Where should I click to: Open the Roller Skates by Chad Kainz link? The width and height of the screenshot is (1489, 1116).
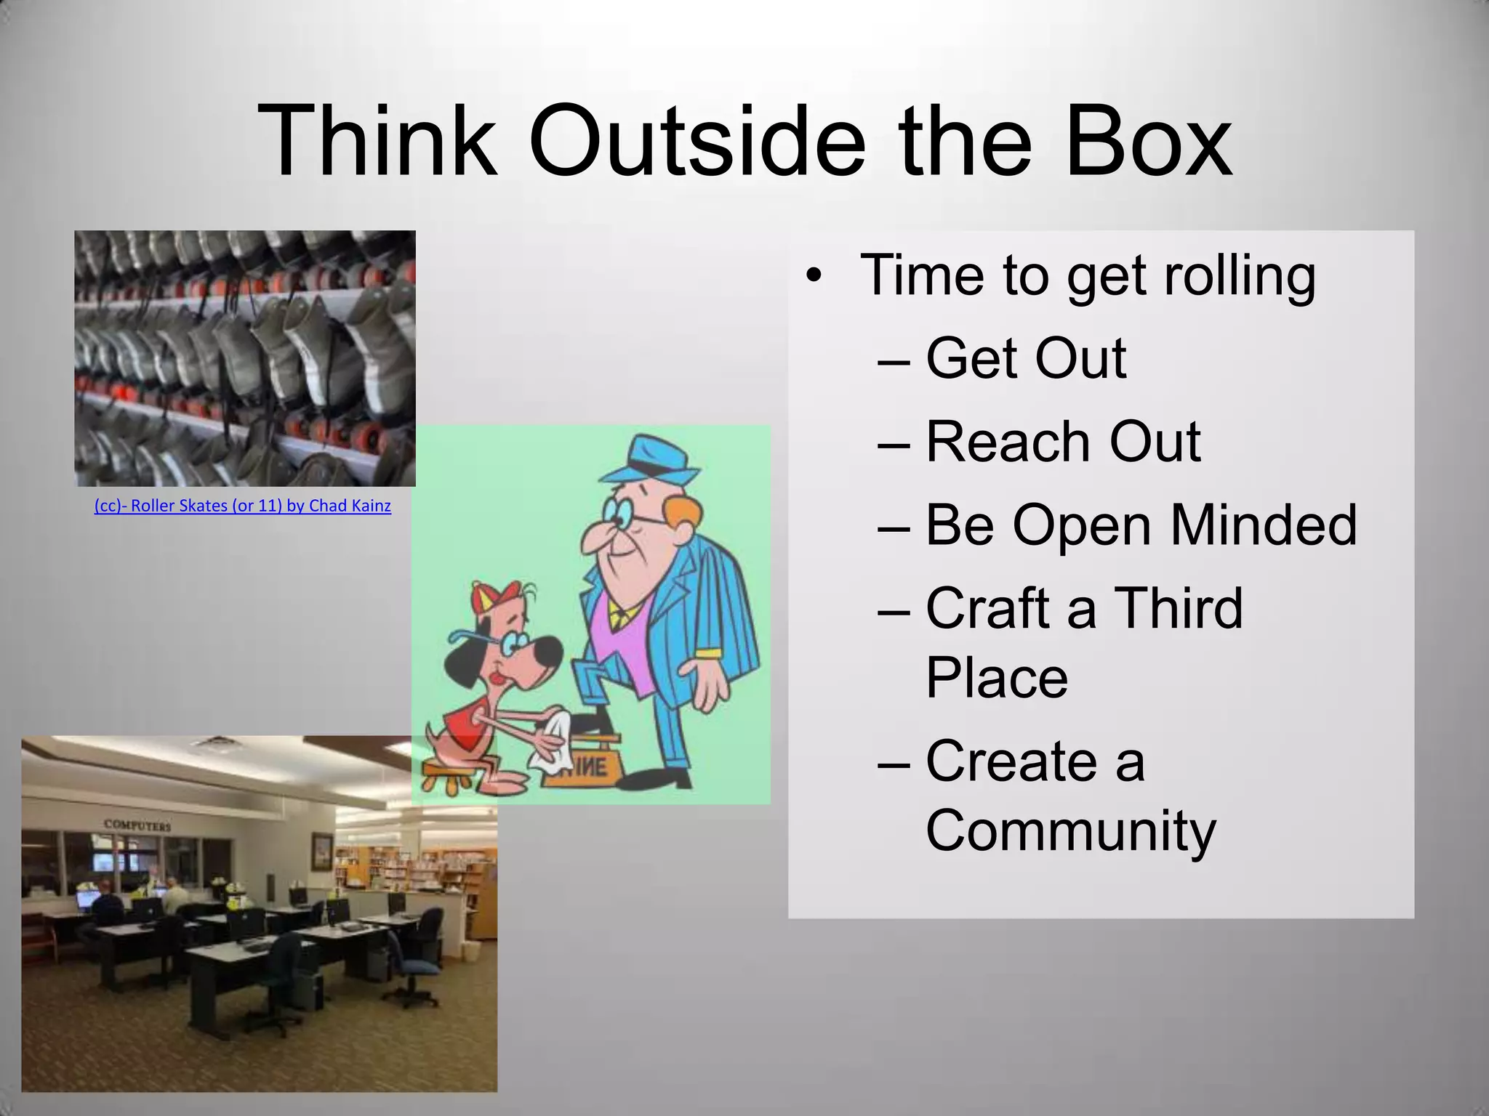(x=242, y=506)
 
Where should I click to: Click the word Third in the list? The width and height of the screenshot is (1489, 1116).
(x=1178, y=608)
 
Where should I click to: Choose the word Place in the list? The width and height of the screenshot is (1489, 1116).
(x=996, y=677)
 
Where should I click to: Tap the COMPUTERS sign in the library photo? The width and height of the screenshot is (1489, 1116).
(x=137, y=825)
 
